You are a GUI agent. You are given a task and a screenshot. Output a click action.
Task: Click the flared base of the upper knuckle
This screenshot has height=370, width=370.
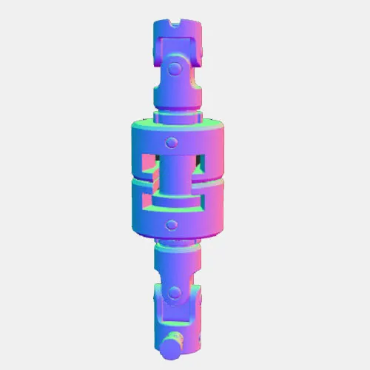coord(176,98)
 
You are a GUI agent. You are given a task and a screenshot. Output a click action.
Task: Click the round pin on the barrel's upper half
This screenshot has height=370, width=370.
coord(172,141)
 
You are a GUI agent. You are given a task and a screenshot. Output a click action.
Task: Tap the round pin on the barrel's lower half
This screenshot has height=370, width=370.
coord(172,223)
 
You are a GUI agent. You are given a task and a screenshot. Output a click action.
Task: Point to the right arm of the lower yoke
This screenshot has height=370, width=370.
coord(195,314)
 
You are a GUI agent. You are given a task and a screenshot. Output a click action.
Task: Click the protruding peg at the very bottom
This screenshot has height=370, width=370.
coord(172,346)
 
